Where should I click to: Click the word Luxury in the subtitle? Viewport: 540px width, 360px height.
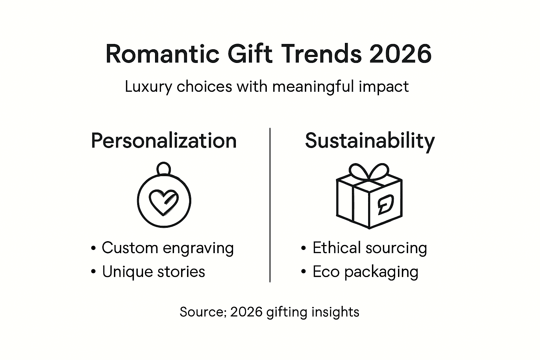[x=148, y=87]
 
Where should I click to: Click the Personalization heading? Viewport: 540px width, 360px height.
[x=163, y=141]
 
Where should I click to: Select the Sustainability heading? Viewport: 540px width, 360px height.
[x=369, y=141]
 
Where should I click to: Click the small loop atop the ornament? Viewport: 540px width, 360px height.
[x=164, y=168]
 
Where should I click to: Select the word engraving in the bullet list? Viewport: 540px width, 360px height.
[x=198, y=249]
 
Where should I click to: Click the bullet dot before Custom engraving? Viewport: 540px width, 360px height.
[x=93, y=249]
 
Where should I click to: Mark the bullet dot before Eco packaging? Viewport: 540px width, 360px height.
[x=304, y=272]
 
